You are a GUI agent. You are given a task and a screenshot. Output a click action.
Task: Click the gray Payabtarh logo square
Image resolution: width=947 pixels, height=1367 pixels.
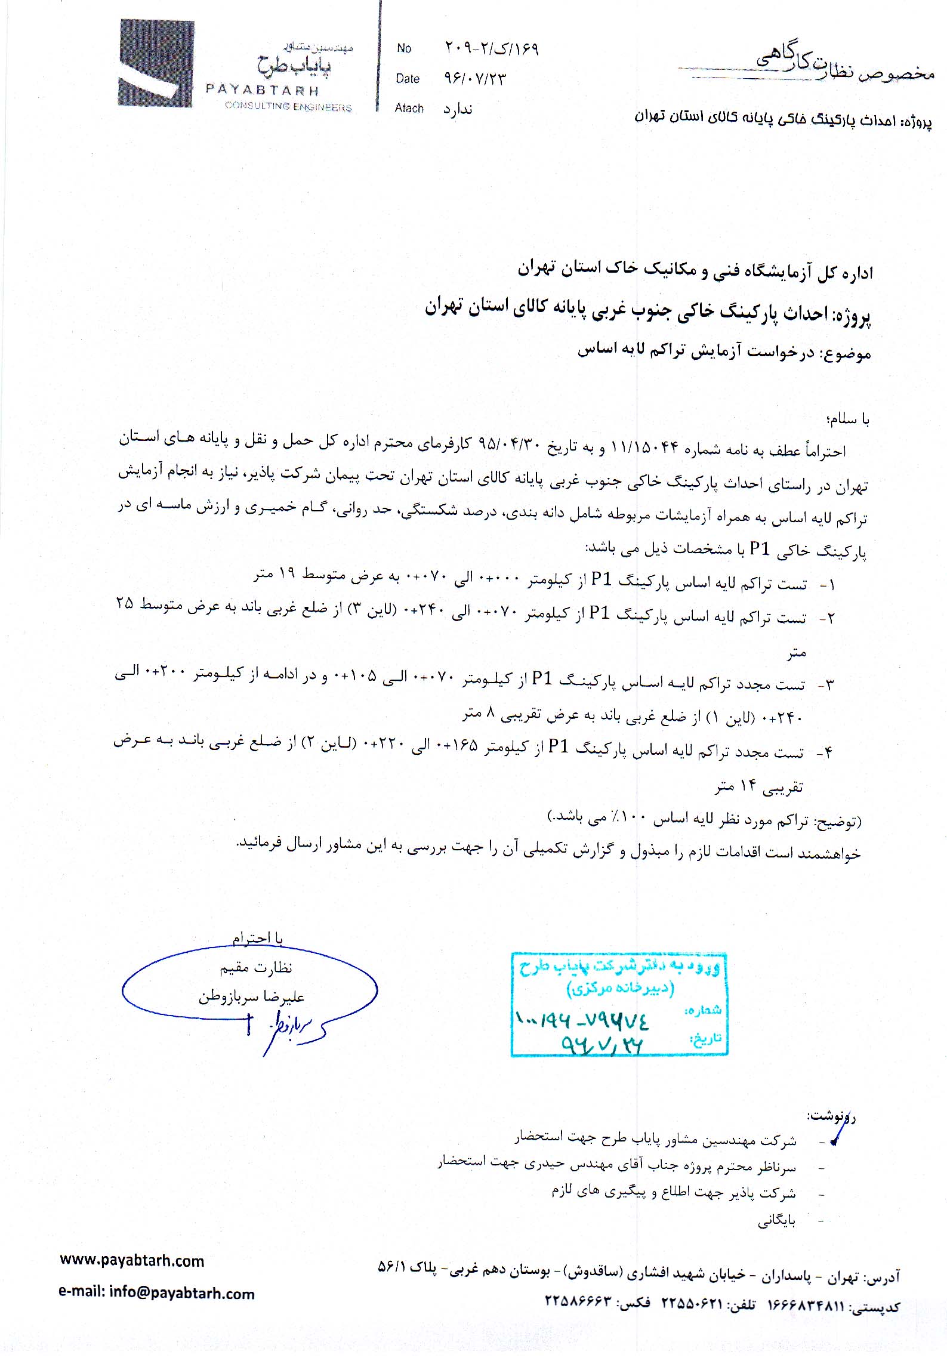(x=157, y=63)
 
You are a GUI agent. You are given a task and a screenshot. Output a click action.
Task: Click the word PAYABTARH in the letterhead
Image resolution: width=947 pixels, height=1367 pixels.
(x=262, y=90)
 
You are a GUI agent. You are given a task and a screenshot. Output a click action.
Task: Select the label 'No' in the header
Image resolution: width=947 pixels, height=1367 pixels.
(x=404, y=48)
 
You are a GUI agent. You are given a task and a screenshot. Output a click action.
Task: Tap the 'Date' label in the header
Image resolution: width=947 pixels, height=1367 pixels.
(x=407, y=79)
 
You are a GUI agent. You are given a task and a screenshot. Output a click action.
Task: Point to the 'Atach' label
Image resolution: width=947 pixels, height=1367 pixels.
(x=409, y=108)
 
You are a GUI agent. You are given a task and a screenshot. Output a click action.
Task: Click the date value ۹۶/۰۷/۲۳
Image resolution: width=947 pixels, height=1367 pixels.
(x=474, y=79)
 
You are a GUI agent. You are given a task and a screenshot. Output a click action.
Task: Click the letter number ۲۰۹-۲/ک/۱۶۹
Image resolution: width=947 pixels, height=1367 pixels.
(x=492, y=48)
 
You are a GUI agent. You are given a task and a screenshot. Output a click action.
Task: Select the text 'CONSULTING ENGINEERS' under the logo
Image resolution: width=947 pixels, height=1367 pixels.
(x=288, y=106)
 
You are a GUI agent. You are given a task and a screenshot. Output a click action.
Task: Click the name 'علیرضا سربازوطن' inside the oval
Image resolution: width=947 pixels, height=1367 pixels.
(x=251, y=996)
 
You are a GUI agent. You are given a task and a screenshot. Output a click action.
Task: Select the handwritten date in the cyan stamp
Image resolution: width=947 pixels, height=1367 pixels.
(x=601, y=1044)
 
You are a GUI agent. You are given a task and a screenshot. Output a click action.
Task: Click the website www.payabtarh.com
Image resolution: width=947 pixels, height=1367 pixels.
(x=132, y=1261)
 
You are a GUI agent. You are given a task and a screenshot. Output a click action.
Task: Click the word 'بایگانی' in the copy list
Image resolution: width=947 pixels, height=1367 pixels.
(x=776, y=1221)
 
